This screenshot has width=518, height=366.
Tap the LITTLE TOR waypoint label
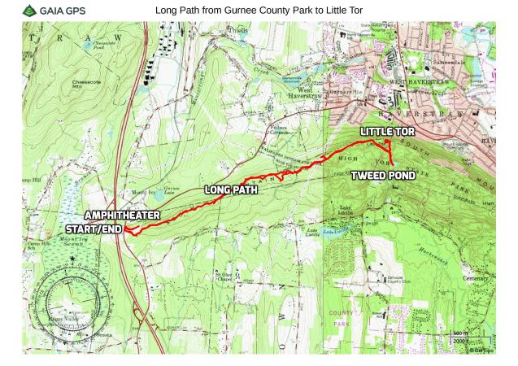388,132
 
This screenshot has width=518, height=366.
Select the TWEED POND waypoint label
382,175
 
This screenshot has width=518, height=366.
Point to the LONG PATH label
231,190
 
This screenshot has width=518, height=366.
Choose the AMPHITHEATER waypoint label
122,216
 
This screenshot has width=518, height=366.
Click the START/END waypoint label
94,229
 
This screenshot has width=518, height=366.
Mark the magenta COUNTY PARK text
341,318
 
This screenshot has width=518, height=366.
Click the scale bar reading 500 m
460,334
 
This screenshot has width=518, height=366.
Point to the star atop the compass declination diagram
72,259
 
